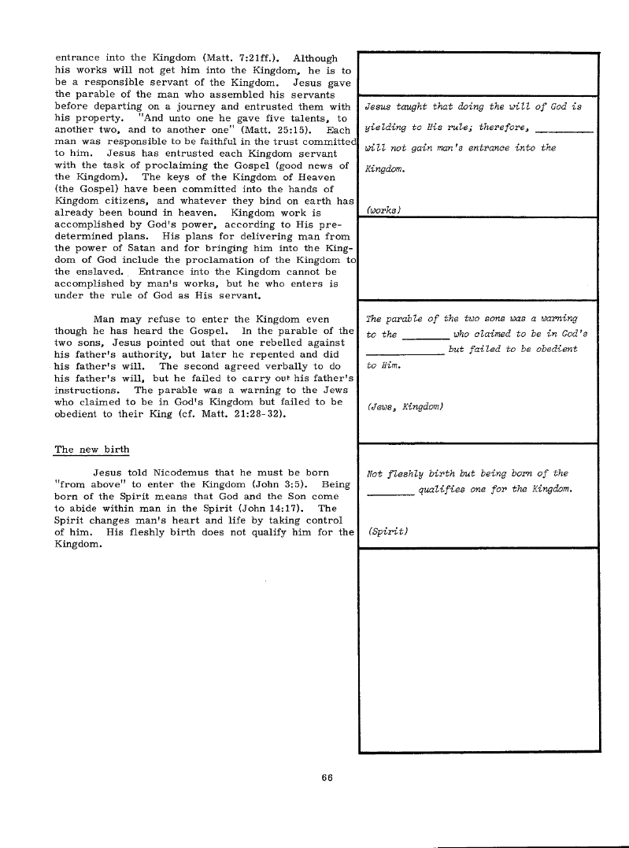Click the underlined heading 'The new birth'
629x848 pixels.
[91, 450]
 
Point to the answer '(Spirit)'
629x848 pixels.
[387, 531]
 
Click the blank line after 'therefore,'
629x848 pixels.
[568, 130]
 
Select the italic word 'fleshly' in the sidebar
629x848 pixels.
[409, 473]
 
